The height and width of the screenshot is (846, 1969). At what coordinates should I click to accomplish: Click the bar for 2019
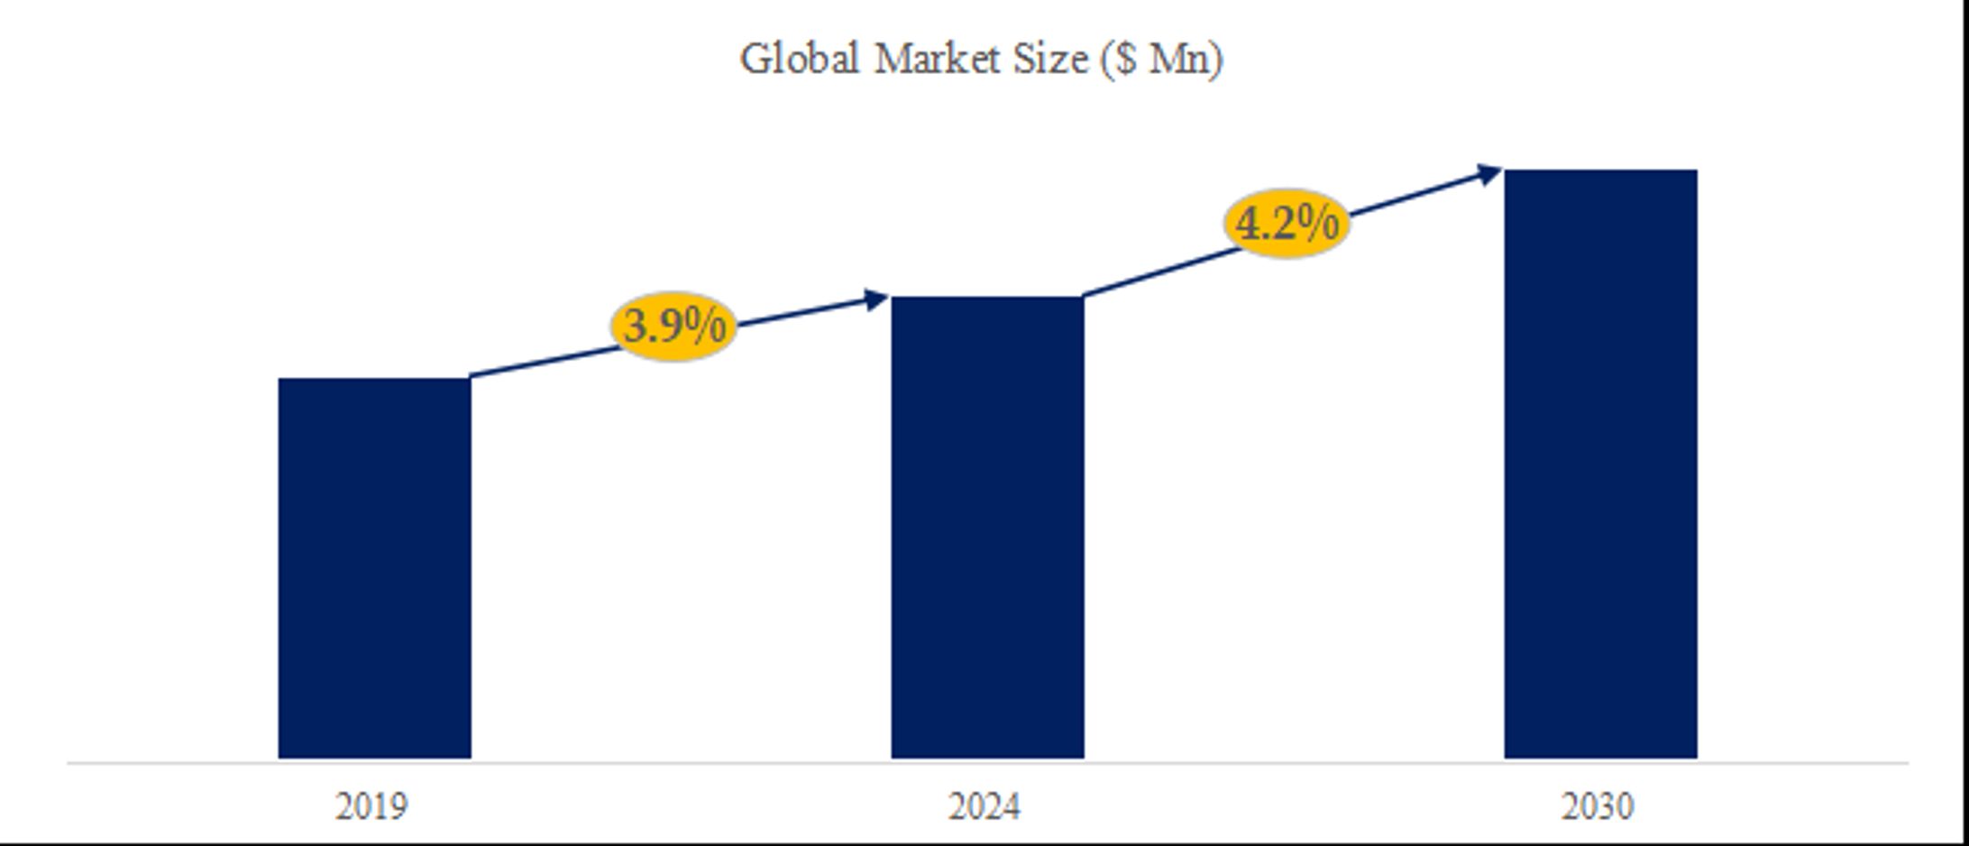click(374, 568)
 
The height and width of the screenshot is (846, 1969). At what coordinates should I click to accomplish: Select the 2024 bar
click(987, 528)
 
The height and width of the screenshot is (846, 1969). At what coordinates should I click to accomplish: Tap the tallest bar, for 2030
click(1600, 464)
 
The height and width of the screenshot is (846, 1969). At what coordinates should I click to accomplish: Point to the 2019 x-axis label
click(371, 806)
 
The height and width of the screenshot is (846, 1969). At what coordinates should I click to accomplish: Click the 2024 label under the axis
click(984, 806)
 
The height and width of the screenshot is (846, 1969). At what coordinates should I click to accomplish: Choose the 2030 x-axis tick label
click(1598, 806)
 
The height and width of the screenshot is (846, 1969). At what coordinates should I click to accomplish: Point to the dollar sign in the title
click(1124, 60)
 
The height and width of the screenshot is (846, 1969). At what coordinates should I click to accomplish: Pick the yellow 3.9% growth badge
click(673, 326)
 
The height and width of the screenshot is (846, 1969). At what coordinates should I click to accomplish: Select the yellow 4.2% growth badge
click(1287, 223)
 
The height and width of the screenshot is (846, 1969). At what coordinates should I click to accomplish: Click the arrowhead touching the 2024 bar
click(875, 299)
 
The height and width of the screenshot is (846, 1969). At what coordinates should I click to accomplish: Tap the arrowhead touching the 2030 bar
click(1488, 174)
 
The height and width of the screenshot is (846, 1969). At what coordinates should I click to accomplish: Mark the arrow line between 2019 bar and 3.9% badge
click(541, 362)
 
